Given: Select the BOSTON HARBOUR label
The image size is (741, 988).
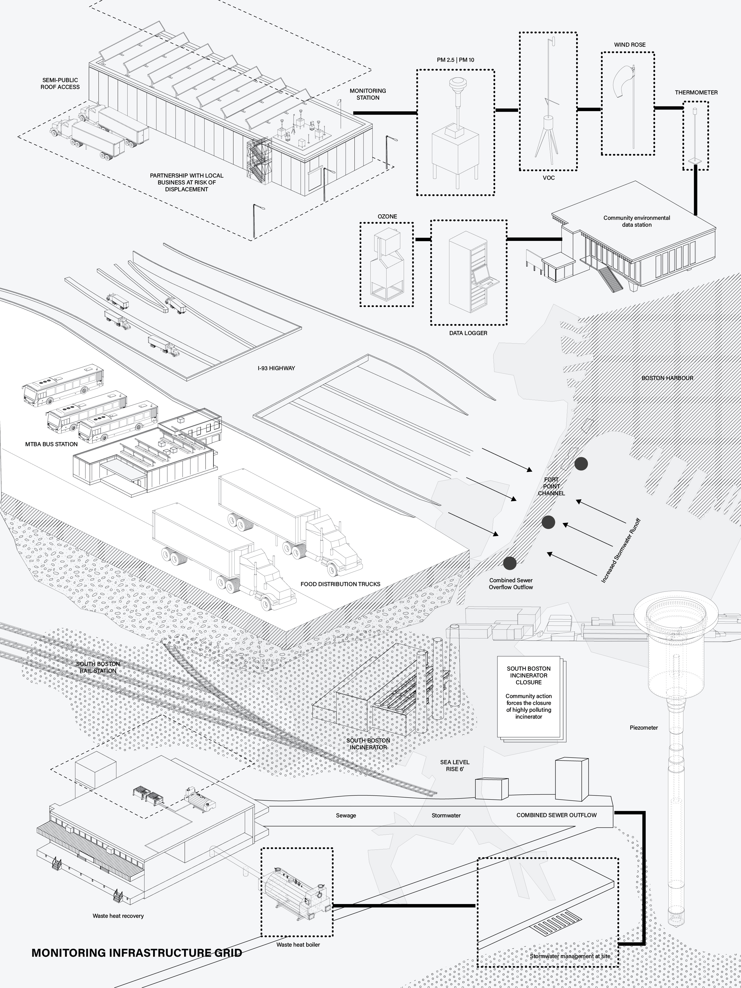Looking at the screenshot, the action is pos(667,378).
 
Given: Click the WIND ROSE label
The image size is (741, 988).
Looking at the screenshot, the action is pos(629,45).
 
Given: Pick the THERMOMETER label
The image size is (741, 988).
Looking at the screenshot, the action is pos(696,92).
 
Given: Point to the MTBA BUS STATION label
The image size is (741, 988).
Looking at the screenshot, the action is pos(51,444).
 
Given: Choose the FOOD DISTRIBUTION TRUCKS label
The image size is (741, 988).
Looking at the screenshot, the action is pos(340,584).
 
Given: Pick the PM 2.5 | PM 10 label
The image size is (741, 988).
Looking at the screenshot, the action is pos(456,60).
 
